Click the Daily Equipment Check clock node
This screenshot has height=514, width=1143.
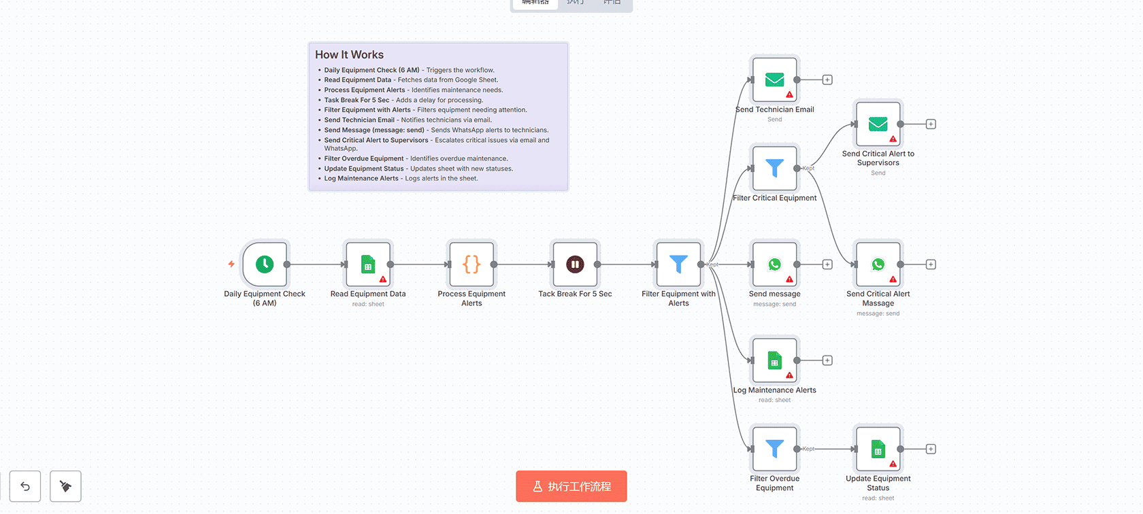(x=265, y=264)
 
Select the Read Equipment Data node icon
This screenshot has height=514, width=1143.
(x=368, y=264)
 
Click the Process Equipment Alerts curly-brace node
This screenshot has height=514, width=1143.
(x=471, y=264)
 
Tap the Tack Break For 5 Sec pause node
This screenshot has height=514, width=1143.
(x=575, y=264)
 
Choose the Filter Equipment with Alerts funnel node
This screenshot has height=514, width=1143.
(x=678, y=264)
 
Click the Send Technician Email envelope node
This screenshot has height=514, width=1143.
(x=774, y=80)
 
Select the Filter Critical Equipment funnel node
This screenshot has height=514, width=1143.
(x=774, y=168)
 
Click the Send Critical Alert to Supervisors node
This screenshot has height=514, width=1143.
(x=878, y=124)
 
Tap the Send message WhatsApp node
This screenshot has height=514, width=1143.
(x=774, y=264)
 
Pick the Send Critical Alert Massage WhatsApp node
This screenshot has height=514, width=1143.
(x=878, y=264)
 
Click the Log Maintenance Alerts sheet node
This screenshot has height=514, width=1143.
(x=774, y=360)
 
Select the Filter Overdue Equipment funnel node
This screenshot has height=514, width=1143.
(x=774, y=449)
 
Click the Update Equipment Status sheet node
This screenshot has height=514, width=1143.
(x=878, y=449)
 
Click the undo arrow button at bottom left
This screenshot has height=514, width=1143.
(x=25, y=486)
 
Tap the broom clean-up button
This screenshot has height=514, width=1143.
(x=65, y=486)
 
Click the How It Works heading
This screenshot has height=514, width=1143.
(x=349, y=54)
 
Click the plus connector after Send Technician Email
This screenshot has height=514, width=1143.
(x=827, y=80)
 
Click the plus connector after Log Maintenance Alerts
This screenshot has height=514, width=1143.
(x=827, y=360)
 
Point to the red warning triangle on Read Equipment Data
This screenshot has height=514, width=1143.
(x=383, y=279)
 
